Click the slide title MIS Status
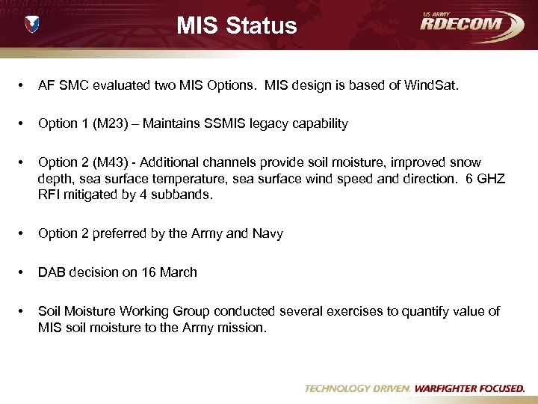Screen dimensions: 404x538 (x=237, y=26)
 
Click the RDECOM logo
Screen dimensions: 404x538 (x=471, y=24)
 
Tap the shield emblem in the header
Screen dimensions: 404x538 (x=32, y=25)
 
